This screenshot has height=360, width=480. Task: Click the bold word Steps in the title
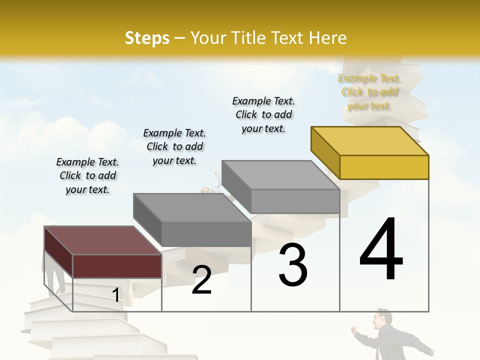[147, 38]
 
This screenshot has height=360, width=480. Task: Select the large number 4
[381, 250]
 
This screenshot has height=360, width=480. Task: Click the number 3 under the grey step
[293, 265]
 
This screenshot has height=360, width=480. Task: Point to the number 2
[201, 280]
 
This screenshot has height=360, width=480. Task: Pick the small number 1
[116, 295]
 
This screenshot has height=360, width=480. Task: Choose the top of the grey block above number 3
[280, 175]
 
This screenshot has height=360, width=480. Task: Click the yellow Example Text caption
[369, 91]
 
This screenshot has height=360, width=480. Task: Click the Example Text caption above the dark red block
[87, 175]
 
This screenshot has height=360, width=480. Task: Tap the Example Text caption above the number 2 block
[174, 146]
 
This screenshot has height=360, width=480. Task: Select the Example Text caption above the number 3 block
[263, 114]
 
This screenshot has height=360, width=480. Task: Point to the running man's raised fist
[353, 330]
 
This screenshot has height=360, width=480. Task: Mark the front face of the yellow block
[384, 167]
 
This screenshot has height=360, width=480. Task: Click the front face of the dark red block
[117, 266]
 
